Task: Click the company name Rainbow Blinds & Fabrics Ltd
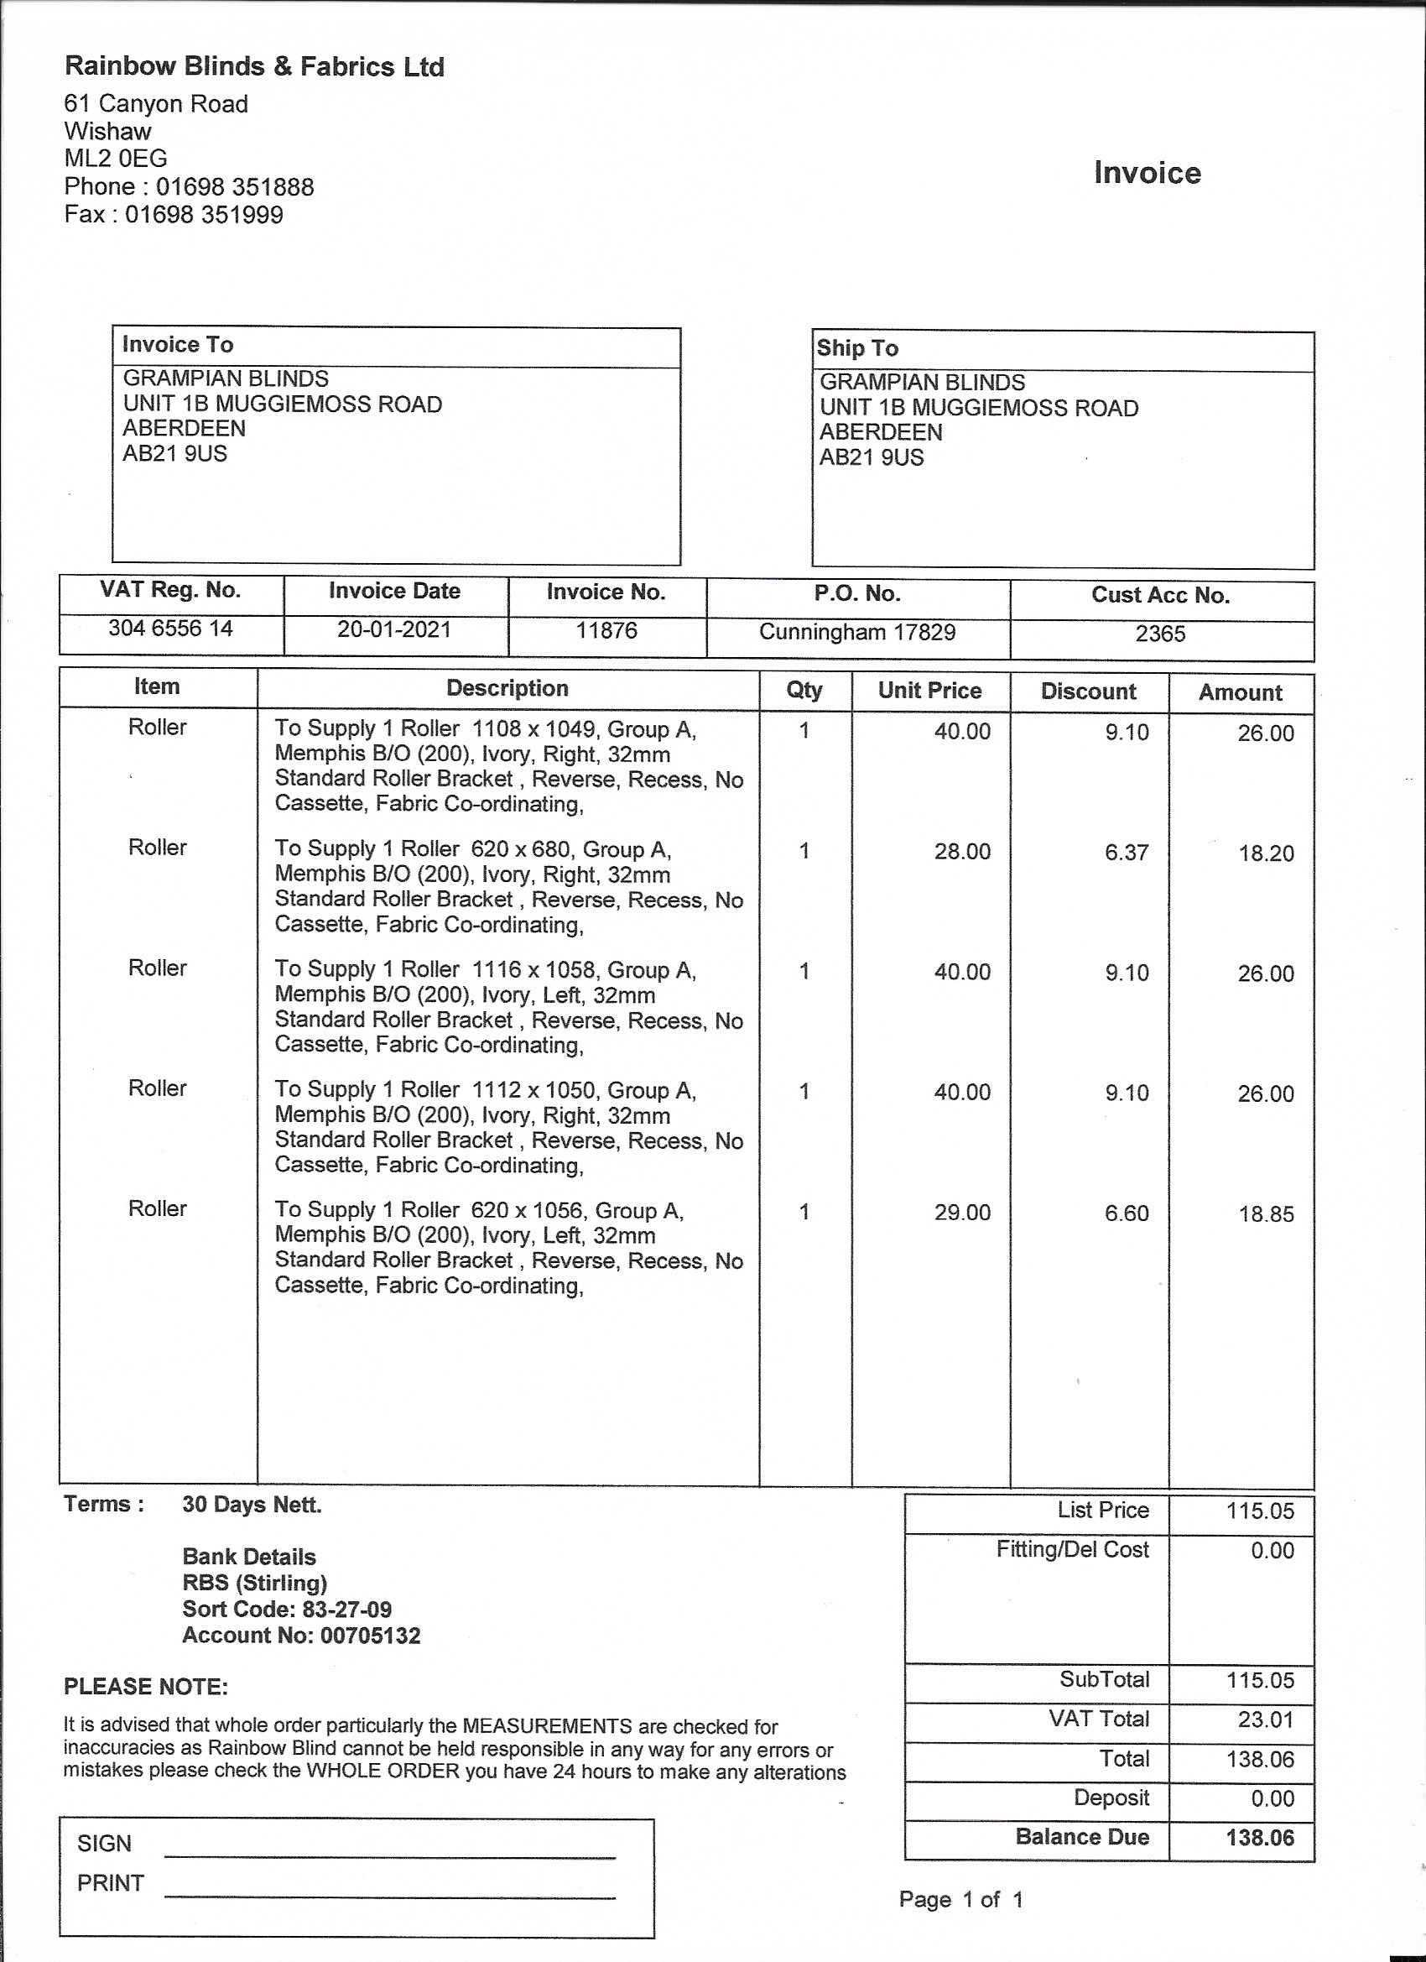coord(254,66)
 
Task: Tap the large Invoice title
coord(1147,172)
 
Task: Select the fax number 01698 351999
coord(204,215)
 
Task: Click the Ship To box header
coord(858,347)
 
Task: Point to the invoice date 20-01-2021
coord(394,629)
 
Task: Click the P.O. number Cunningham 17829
coord(857,632)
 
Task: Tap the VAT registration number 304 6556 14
coord(170,628)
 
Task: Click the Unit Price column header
coord(929,691)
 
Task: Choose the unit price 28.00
coord(961,851)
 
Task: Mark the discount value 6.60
coord(1126,1213)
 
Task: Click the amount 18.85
coord(1265,1213)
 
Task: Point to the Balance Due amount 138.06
coord(1259,1837)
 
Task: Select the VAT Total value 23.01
coord(1265,1719)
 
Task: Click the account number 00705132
coord(370,1636)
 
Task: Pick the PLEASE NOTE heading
coord(146,1686)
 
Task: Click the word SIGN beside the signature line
coord(104,1844)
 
